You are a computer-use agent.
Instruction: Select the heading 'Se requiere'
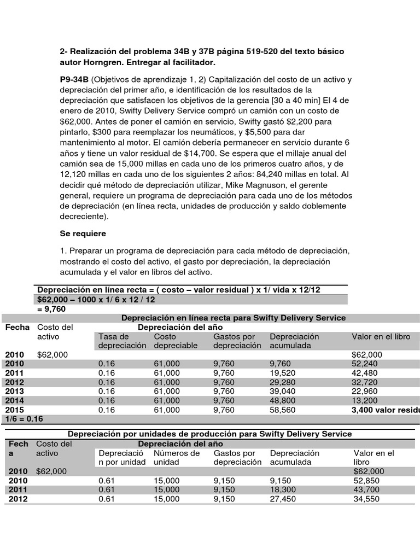[x=83, y=233]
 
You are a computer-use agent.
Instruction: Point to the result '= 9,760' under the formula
[x=52, y=309]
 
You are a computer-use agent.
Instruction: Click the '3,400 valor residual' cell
[x=385, y=410]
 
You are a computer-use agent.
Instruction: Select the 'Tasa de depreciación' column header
[x=122, y=341]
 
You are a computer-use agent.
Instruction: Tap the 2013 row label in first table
[x=15, y=391]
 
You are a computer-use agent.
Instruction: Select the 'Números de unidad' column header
[x=177, y=458]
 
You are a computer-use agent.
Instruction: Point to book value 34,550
[x=368, y=499]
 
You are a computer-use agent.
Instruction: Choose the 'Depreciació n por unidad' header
[x=121, y=458]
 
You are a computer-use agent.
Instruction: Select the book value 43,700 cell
[x=368, y=489]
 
